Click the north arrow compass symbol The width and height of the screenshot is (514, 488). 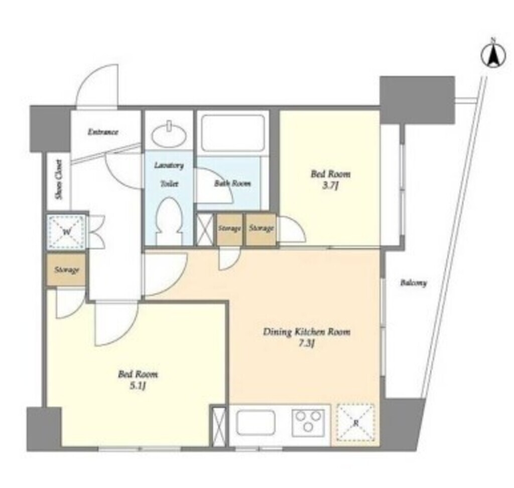click(493, 56)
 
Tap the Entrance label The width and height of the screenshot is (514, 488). click(103, 132)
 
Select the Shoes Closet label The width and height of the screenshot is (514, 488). click(59, 179)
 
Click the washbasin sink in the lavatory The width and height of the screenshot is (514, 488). click(169, 135)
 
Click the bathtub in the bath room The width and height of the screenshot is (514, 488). click(233, 132)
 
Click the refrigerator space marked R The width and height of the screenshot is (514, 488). click(356, 423)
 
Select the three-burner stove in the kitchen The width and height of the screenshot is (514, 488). click(308, 423)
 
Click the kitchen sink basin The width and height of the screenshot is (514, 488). click(255, 423)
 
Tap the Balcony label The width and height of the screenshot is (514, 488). click(414, 283)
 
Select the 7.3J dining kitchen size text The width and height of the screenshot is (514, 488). click(307, 344)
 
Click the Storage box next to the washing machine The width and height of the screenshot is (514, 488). click(67, 270)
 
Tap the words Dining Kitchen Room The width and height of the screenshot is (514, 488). click(307, 332)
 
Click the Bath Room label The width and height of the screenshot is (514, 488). click(232, 183)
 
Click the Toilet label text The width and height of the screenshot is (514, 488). click(170, 183)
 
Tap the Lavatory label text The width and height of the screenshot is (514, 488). click(169, 165)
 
